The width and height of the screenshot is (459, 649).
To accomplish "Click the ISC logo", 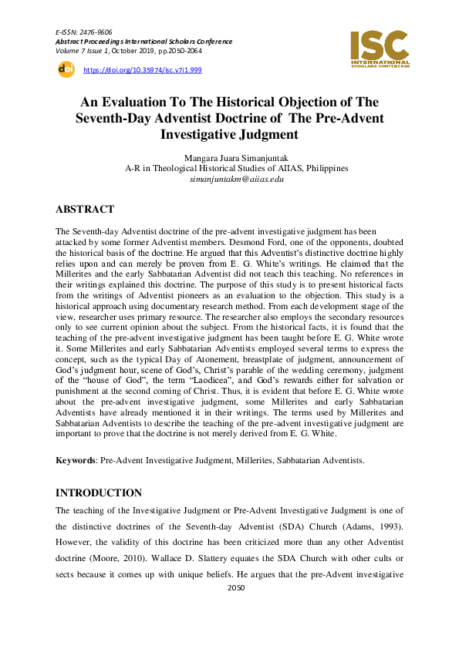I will click(379, 47).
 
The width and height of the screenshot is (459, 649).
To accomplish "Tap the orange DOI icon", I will click(66, 69).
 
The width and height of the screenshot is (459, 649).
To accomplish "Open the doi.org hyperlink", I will click(142, 70).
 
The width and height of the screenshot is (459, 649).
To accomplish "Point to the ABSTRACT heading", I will click(85, 210).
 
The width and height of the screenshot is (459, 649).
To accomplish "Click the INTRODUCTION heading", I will click(99, 493).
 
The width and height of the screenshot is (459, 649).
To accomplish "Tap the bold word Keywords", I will click(74, 460).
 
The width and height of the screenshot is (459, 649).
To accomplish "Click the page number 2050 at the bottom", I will click(236, 609).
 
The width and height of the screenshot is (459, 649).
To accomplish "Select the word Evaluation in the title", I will click(140, 102).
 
